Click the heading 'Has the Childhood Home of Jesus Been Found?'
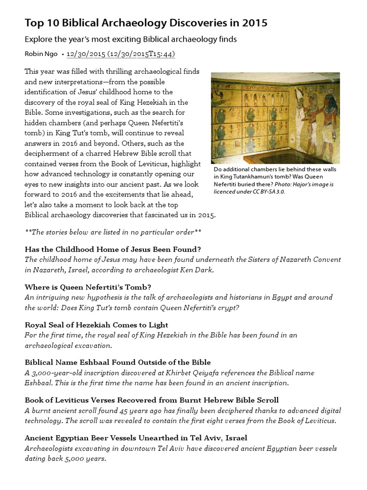(112, 249)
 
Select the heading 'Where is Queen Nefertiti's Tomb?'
(88, 287)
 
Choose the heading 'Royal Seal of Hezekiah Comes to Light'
(96, 325)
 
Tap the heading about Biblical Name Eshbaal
(118, 362)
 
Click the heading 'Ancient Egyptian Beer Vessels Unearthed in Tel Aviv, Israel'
(136, 437)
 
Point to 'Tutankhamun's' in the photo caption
(250, 177)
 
